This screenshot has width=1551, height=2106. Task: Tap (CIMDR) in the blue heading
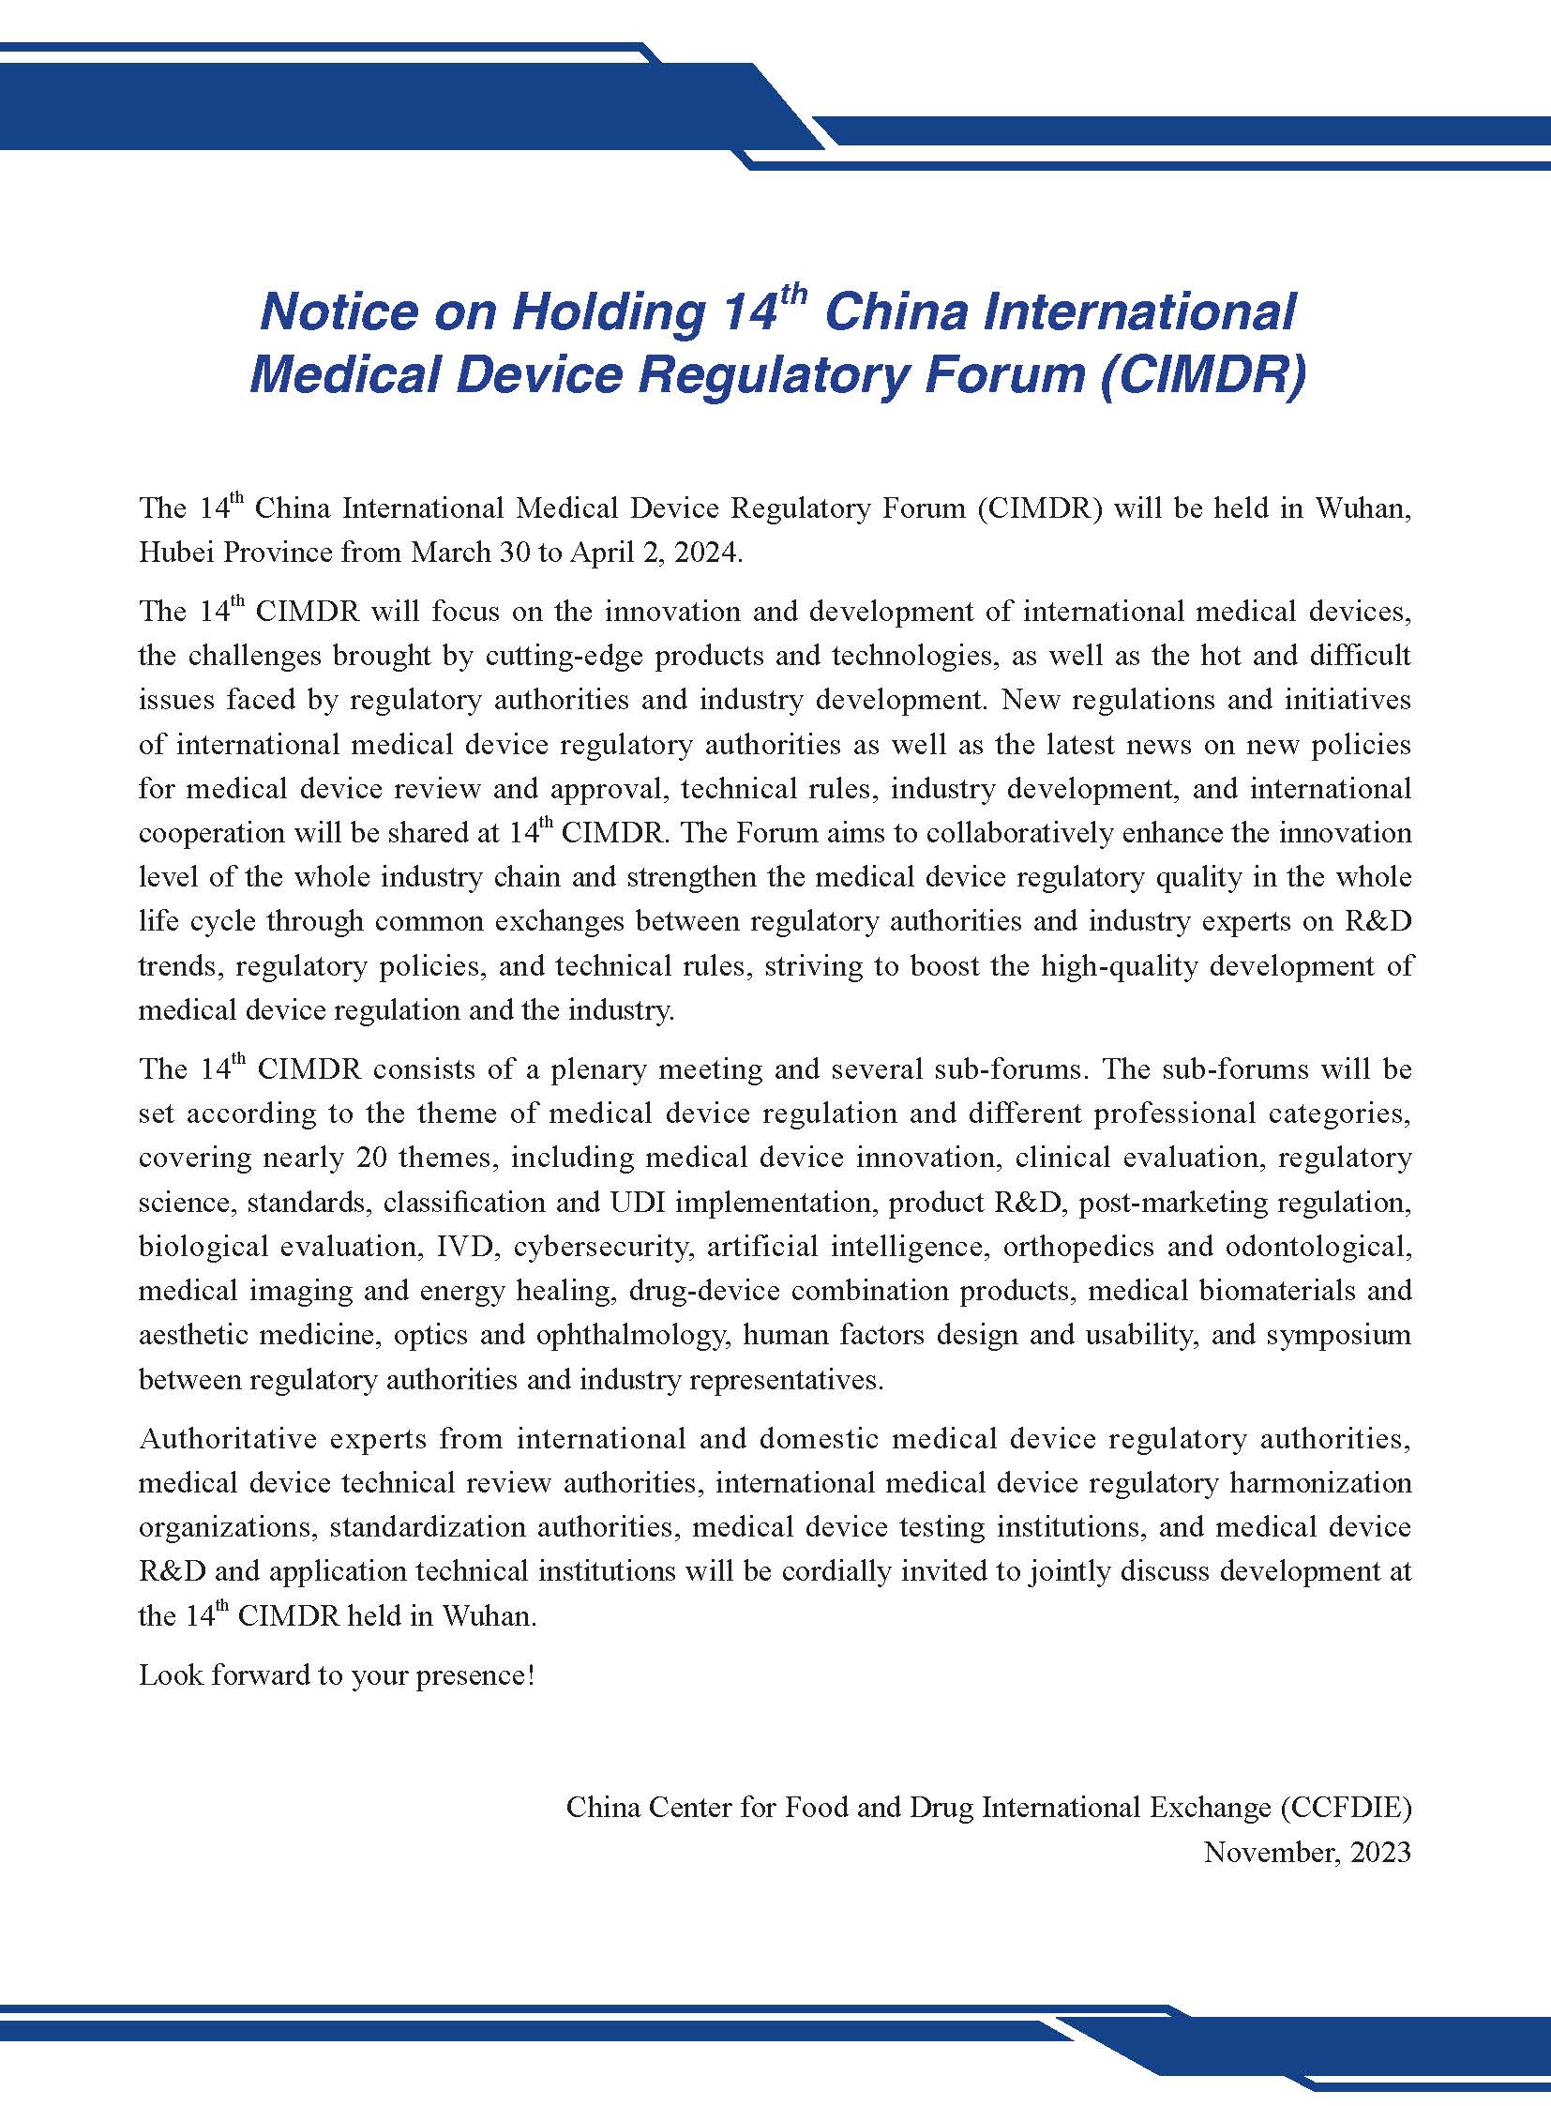(1203, 375)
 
